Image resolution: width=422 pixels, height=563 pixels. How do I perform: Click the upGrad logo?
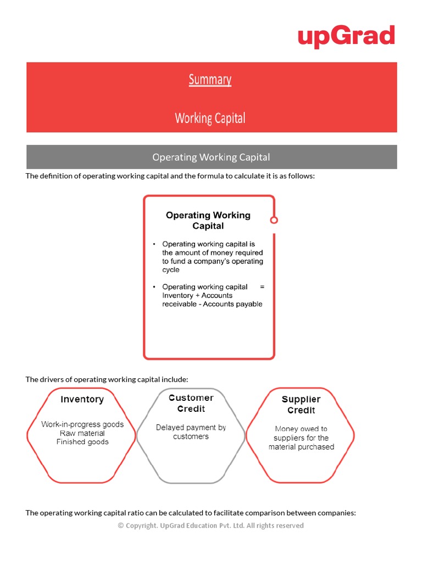(346, 36)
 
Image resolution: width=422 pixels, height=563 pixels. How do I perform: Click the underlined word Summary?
(210, 80)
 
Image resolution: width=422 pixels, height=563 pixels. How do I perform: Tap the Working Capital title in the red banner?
(210, 118)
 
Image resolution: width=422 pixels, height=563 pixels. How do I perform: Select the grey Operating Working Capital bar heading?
(211, 157)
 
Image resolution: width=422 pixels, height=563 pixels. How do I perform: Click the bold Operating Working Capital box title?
(208, 220)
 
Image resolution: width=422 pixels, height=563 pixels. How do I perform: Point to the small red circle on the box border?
(274, 220)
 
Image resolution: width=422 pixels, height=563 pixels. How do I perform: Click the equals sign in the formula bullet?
(262, 286)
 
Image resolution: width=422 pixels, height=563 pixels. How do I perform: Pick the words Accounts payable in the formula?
(233, 304)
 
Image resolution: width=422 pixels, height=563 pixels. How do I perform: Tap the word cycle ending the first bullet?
(171, 270)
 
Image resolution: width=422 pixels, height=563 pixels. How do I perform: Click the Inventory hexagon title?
(82, 400)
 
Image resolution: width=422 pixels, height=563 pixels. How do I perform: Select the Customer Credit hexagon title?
(191, 403)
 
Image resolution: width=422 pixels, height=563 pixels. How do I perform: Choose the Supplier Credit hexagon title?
(301, 405)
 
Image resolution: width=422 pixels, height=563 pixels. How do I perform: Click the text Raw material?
(82, 433)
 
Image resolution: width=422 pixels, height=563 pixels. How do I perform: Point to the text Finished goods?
(82, 442)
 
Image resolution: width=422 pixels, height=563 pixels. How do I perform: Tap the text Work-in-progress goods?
(82, 424)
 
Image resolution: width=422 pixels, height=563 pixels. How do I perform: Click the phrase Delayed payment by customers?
(191, 432)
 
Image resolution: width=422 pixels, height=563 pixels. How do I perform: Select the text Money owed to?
(301, 429)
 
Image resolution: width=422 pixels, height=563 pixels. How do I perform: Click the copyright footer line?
(211, 526)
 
